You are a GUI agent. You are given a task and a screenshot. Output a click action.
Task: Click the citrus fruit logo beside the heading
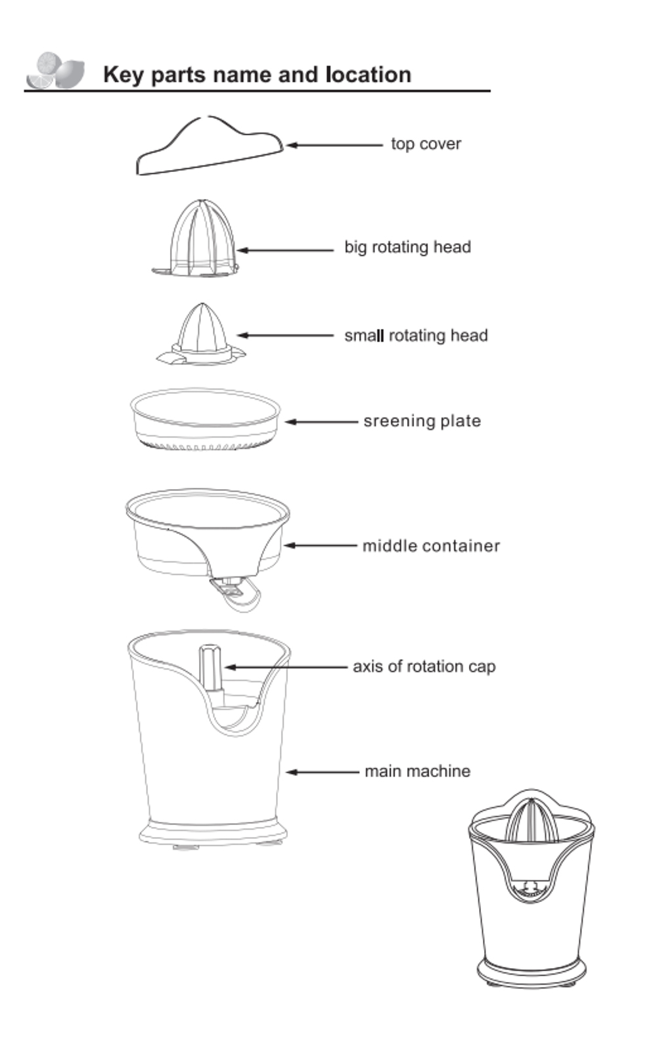(56, 71)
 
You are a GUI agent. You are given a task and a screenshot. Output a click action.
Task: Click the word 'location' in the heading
(369, 74)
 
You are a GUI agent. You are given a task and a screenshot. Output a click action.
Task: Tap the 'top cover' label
(426, 144)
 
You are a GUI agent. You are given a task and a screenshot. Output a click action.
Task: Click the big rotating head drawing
(196, 240)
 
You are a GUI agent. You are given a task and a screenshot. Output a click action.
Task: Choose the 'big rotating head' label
(407, 247)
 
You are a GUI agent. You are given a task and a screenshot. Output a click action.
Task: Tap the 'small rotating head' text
(416, 335)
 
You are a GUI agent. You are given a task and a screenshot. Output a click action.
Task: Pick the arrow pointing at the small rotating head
(285, 335)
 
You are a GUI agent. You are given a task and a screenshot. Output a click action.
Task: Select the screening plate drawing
(205, 419)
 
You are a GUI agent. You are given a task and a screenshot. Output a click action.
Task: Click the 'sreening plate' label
(422, 421)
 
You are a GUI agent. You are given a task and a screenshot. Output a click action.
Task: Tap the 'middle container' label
(431, 545)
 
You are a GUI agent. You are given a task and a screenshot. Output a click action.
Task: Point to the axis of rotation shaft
(210, 667)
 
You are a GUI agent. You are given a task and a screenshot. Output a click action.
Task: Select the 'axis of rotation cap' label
(424, 666)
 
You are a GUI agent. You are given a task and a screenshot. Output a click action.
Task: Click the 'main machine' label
(417, 771)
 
